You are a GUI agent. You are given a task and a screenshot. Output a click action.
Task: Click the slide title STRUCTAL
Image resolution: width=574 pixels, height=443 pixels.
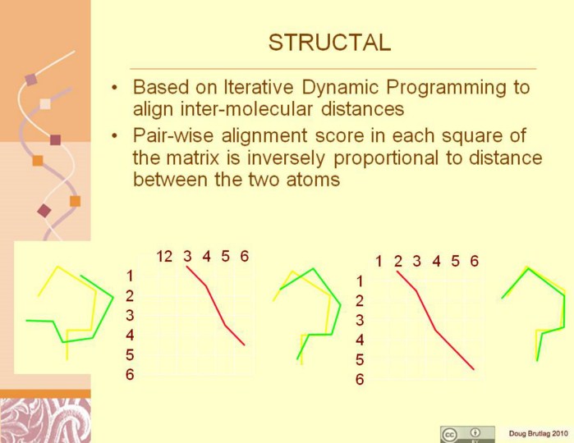[x=329, y=43]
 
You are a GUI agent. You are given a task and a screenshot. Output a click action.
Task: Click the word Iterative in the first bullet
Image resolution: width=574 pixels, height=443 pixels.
[x=258, y=88]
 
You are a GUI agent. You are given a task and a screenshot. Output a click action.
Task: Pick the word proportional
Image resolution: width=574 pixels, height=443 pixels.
[x=386, y=158]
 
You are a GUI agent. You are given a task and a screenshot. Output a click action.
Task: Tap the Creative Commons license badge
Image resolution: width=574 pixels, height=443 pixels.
[x=467, y=434]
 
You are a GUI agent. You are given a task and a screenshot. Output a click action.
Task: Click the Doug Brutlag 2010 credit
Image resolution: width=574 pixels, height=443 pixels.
[x=538, y=433]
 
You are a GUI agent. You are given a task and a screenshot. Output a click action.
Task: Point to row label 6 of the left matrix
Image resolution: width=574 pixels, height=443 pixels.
[x=130, y=375]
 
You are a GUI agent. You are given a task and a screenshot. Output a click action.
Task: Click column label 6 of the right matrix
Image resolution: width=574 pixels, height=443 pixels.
[x=475, y=261]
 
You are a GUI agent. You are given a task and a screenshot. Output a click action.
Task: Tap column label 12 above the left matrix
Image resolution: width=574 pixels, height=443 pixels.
[x=164, y=257]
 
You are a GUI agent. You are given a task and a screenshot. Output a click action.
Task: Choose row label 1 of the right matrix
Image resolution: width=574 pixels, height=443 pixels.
[x=360, y=281]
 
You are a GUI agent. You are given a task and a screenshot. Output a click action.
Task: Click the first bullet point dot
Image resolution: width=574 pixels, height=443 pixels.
[x=115, y=88]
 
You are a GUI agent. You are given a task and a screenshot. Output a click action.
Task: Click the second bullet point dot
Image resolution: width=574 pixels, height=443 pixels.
[x=115, y=136]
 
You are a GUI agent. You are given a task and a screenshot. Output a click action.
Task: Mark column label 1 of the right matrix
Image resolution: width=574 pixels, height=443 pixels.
[x=379, y=261]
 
